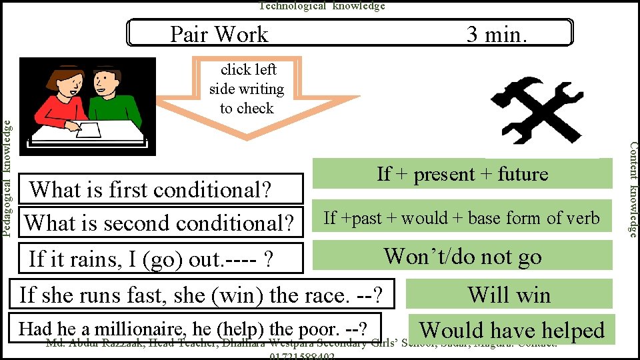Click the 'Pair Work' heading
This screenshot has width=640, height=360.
[219, 34]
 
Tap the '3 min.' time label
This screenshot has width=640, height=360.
[497, 34]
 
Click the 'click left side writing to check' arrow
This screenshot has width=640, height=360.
[247, 93]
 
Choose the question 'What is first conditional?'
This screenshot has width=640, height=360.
[151, 190]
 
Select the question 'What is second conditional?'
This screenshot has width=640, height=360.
[159, 222]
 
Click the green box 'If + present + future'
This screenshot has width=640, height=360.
[463, 174]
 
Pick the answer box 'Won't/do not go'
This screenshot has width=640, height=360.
[463, 256]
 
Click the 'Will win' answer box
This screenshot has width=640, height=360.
[509, 294]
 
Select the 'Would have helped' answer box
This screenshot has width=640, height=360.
[511, 330]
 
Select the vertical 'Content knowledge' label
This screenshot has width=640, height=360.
[634, 189]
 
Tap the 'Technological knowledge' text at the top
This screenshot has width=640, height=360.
[322, 6]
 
